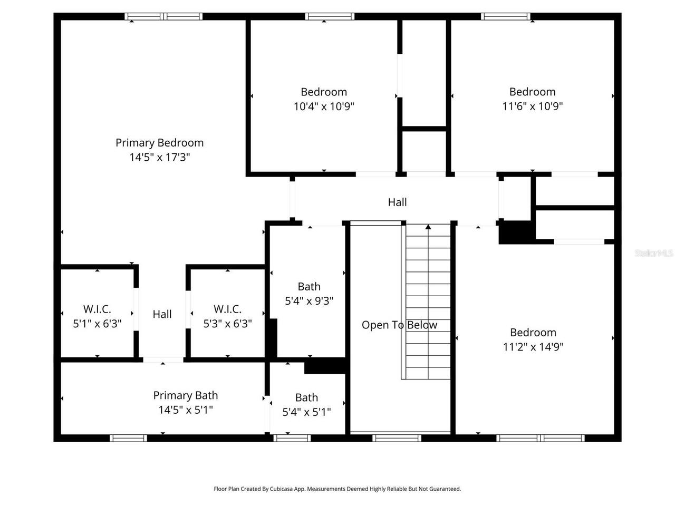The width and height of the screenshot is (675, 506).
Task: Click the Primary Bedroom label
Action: (x=159, y=143)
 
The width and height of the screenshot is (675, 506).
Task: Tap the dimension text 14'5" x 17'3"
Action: (x=159, y=157)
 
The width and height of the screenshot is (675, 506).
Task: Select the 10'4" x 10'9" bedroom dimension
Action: (x=324, y=106)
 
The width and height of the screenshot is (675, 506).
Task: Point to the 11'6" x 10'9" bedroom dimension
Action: (x=532, y=106)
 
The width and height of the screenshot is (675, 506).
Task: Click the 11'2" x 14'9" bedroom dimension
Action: (x=533, y=347)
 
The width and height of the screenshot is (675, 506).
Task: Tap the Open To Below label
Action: (x=399, y=325)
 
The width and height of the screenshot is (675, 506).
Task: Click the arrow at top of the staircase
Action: (x=428, y=227)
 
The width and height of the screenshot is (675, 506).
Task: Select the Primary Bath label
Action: (x=185, y=395)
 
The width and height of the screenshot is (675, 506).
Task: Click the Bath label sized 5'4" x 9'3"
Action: (x=309, y=287)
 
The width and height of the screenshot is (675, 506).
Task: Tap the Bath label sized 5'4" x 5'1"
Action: (x=306, y=398)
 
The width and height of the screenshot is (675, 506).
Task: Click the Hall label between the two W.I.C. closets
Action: (x=162, y=315)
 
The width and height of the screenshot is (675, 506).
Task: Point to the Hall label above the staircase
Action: (x=397, y=202)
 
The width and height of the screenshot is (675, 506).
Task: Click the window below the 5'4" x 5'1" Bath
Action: (x=292, y=437)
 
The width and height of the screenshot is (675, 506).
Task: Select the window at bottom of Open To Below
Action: (x=397, y=437)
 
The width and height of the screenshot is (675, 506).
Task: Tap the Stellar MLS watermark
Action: (x=654, y=254)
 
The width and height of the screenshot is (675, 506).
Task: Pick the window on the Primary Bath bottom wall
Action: (x=128, y=437)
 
